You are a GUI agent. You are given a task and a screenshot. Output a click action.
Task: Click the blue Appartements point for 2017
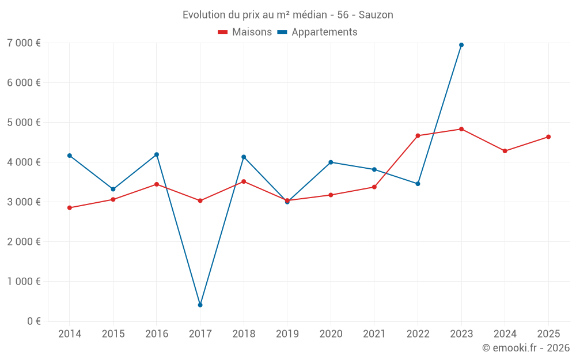(x=200, y=305)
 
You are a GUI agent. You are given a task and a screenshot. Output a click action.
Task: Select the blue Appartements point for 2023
(x=461, y=45)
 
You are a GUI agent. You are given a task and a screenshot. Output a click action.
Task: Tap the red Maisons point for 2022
(x=418, y=136)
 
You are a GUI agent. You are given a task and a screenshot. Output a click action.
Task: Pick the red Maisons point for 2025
(x=548, y=137)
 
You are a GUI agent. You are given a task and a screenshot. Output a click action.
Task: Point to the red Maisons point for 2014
(x=70, y=208)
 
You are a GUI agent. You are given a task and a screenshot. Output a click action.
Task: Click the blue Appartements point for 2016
(x=157, y=154)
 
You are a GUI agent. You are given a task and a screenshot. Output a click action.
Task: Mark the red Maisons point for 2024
(x=505, y=151)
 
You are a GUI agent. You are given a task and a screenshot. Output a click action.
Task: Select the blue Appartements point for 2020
(x=331, y=162)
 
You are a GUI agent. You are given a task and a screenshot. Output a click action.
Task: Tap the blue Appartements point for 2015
(x=113, y=189)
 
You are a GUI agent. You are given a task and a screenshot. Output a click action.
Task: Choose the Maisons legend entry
(x=245, y=32)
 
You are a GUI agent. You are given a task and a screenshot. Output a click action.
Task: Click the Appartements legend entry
(x=317, y=32)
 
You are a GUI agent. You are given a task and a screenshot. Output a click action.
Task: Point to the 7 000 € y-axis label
(x=24, y=43)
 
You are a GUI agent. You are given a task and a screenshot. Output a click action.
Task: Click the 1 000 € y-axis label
(x=24, y=281)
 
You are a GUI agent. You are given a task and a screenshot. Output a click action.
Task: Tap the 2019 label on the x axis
(x=287, y=334)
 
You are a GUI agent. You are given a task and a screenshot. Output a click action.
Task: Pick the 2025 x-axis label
(x=548, y=334)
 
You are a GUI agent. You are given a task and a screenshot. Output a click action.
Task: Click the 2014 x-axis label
(x=70, y=334)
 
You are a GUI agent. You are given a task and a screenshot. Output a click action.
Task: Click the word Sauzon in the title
(x=376, y=15)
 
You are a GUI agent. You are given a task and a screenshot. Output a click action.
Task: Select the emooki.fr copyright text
(x=525, y=348)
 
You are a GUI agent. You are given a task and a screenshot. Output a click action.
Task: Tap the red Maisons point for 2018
(x=244, y=181)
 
